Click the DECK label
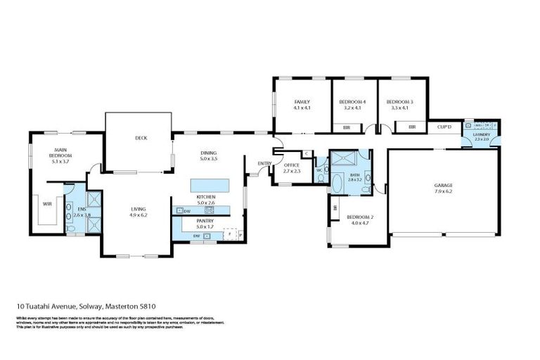(141, 138)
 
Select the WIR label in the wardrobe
(46, 204)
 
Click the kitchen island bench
(210, 184)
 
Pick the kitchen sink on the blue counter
(210, 210)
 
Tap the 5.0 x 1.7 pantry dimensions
(205, 227)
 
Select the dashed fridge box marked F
(229, 235)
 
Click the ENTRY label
(264, 164)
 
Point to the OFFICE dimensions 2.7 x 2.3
(292, 171)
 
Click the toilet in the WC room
(321, 178)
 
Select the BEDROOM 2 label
(359, 218)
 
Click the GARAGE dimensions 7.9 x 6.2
(443, 191)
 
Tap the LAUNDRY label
(481, 134)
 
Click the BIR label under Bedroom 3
(412, 127)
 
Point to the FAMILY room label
(302, 103)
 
